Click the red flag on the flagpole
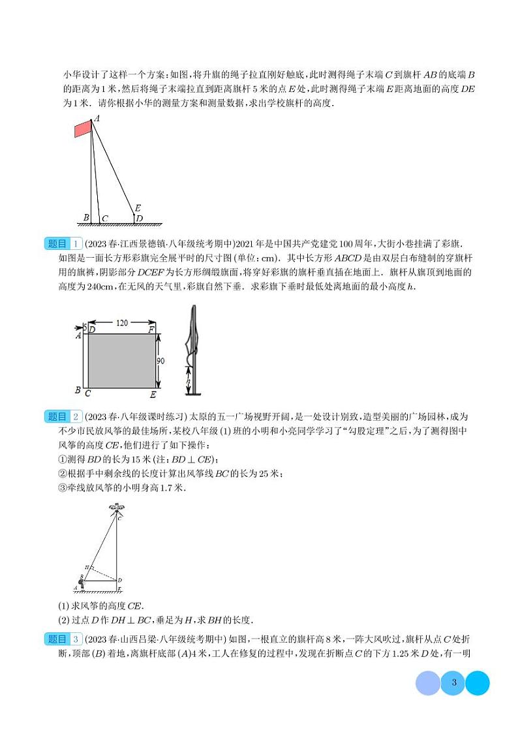coord(83,128)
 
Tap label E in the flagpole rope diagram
coord(137,209)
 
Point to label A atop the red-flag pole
coord(97,119)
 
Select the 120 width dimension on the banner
coord(122,322)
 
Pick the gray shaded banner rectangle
coord(121,360)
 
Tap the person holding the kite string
coord(82,583)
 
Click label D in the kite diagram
coord(121,579)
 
